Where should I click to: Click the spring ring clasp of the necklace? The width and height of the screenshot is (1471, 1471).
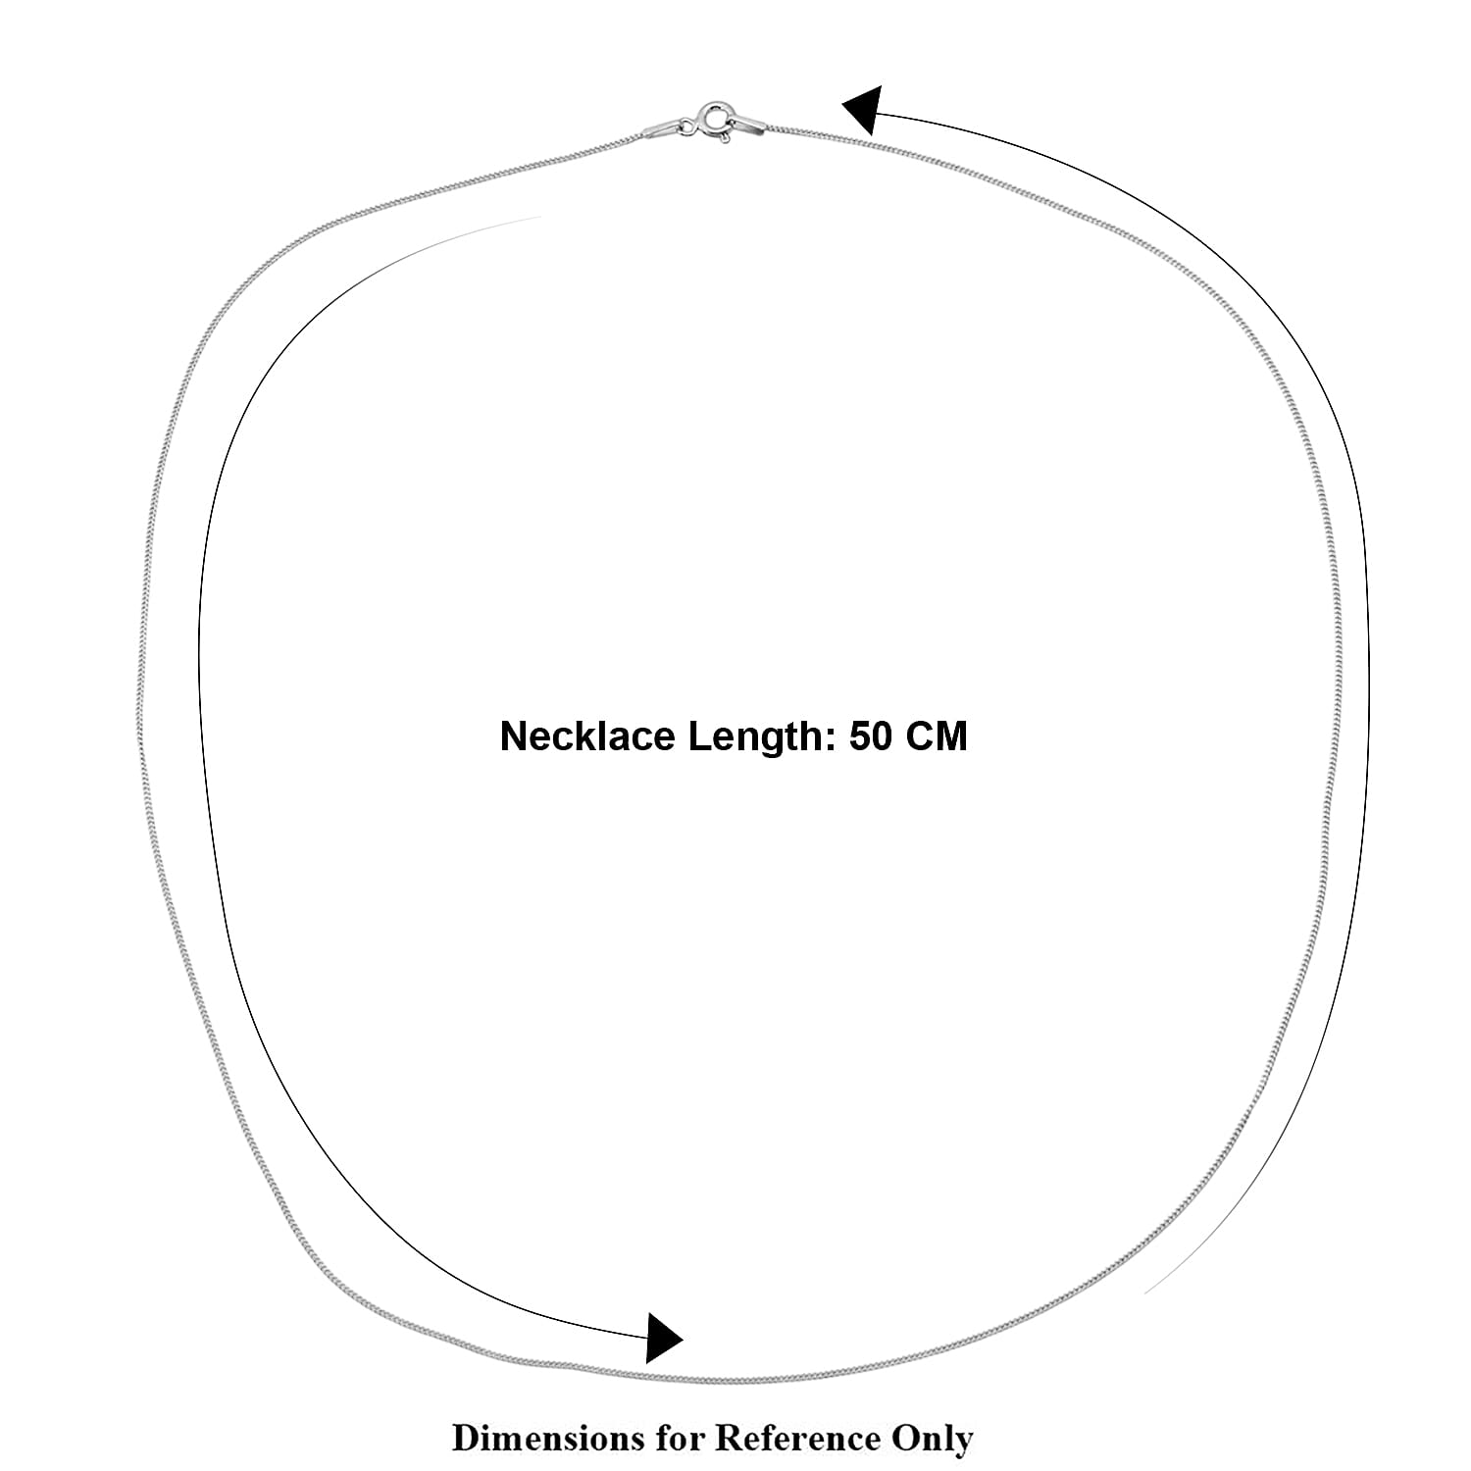(717, 119)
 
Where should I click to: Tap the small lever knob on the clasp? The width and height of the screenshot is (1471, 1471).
(725, 139)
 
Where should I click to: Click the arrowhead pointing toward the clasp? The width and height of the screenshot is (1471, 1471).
(863, 110)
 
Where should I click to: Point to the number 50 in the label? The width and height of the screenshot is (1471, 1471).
(871, 736)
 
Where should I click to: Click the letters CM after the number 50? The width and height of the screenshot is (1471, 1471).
(936, 736)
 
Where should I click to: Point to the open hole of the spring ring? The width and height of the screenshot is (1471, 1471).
(717, 117)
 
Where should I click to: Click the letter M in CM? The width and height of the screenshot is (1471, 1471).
(952, 736)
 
